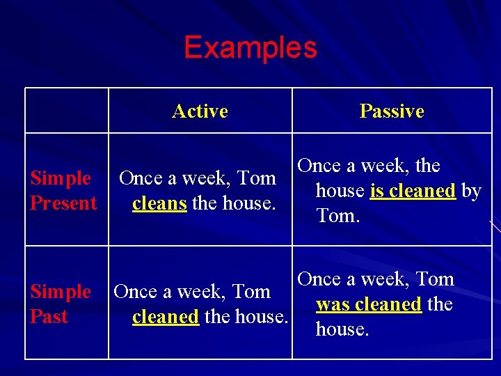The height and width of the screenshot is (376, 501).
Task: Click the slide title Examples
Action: point(250,48)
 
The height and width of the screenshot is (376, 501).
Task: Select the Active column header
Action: point(200,111)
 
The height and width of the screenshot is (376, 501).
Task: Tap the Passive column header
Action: point(392,111)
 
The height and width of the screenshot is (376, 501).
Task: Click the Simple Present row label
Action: point(63,191)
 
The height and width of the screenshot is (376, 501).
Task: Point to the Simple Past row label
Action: point(60,304)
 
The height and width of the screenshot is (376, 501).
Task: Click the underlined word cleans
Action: point(159,203)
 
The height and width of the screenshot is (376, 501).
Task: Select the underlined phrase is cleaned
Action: point(413,191)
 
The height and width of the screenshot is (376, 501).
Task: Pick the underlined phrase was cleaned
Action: point(368,304)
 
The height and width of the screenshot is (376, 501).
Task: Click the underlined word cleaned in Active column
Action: point(166,317)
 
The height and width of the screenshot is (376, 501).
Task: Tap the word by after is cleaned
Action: point(471,191)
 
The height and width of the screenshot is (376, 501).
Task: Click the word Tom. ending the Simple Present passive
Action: point(338,216)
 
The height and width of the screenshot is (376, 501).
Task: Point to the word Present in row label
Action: point(63,203)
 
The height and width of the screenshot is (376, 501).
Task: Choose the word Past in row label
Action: point(49,317)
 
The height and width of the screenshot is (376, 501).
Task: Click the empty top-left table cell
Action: point(67,111)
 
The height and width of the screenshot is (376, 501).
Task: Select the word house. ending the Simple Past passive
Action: point(342,329)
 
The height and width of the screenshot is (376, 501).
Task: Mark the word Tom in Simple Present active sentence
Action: point(257,178)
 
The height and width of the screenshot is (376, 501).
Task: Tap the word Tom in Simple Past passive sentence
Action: point(435,279)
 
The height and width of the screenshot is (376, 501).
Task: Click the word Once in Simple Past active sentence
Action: point(134,292)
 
